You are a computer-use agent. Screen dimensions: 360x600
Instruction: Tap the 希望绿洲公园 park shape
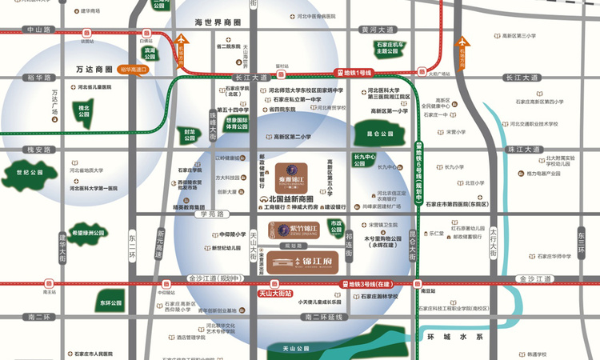pos(86,233)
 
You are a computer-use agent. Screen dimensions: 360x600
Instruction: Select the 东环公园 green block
pos(110,303)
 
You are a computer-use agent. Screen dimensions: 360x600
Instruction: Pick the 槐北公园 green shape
pos(82,110)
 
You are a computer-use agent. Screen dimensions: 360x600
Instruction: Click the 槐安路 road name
pos(38,150)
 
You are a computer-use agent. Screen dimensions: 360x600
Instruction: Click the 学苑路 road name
pos(215,214)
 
